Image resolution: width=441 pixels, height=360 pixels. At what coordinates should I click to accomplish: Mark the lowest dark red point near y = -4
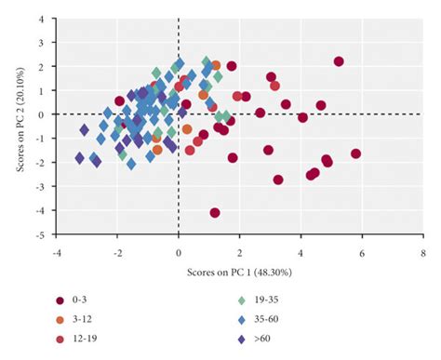[x=215, y=213]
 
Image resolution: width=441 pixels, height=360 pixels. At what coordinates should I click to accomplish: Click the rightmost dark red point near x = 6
[x=355, y=154]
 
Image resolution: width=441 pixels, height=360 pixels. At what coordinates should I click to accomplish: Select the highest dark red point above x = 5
[x=339, y=61]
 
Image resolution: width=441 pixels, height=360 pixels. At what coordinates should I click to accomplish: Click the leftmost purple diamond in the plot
[x=79, y=158]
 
